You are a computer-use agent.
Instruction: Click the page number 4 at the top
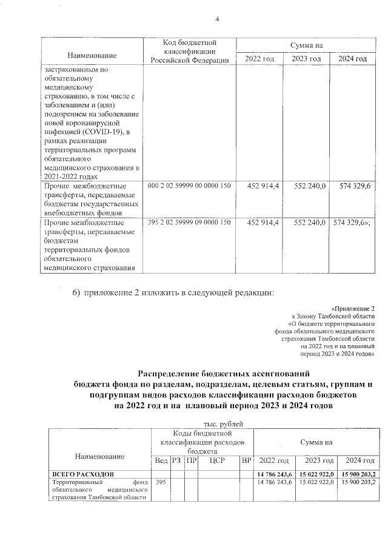(216, 19)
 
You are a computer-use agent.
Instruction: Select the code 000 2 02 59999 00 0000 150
(189, 185)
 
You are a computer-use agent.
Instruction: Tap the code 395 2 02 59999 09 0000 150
(189, 223)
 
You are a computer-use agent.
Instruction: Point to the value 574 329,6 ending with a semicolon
(352, 223)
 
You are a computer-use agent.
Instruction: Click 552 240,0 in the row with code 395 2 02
(310, 223)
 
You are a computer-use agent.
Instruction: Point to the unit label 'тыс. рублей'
(220, 424)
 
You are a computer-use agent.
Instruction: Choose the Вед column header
(161, 460)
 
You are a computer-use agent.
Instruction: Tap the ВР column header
(246, 460)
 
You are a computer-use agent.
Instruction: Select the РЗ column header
(176, 460)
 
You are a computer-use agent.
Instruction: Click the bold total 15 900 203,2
(358, 473)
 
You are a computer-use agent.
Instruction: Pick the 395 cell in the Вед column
(161, 482)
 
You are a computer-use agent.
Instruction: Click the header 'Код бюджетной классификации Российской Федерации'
(189, 51)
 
